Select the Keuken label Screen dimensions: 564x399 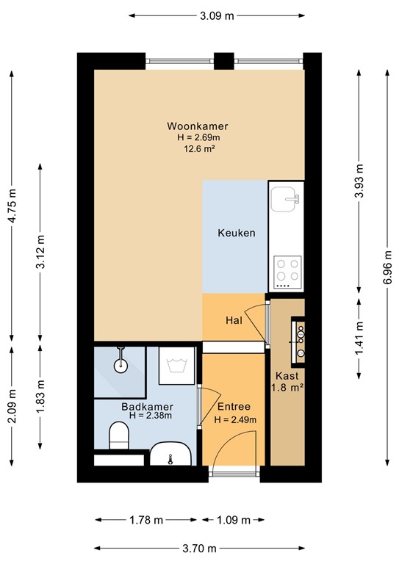click(237, 233)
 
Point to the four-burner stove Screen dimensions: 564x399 click(287, 271)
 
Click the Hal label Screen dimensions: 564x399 click(234, 320)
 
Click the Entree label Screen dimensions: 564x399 click(234, 406)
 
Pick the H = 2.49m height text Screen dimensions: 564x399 click(235, 419)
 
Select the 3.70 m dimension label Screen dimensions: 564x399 click(199, 548)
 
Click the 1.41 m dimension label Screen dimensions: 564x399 click(359, 339)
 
